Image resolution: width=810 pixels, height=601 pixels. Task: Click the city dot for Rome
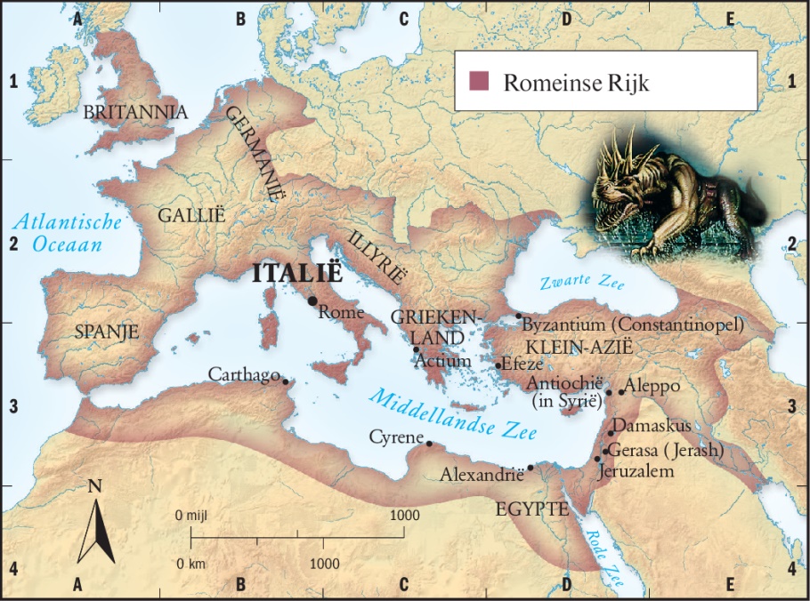pos(312,300)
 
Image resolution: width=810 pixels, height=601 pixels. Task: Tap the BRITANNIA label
pos(135,112)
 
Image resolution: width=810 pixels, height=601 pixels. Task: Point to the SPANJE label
pos(107,332)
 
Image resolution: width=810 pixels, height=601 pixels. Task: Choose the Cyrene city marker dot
pos(429,444)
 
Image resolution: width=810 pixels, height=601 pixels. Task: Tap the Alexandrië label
pos(482,476)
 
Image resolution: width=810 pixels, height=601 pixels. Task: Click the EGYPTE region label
pos(532,509)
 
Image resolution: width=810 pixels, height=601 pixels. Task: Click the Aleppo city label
pos(653,387)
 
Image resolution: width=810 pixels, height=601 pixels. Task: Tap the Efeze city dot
pos(497,365)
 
